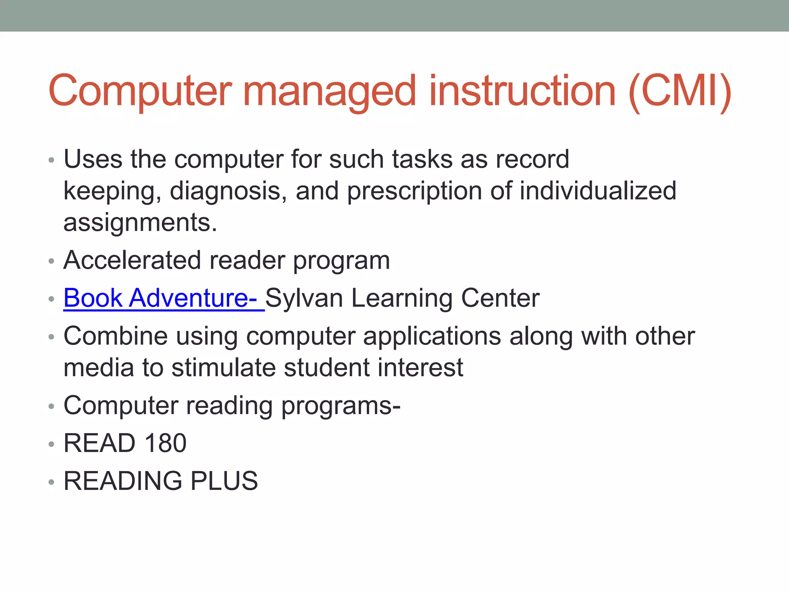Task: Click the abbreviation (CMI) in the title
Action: point(680,91)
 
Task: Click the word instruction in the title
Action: point(522,91)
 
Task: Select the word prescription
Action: point(414,191)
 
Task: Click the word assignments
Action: point(140,222)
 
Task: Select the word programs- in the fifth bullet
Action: point(341,406)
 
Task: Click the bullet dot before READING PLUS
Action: point(52,482)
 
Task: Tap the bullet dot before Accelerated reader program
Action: point(52,261)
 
